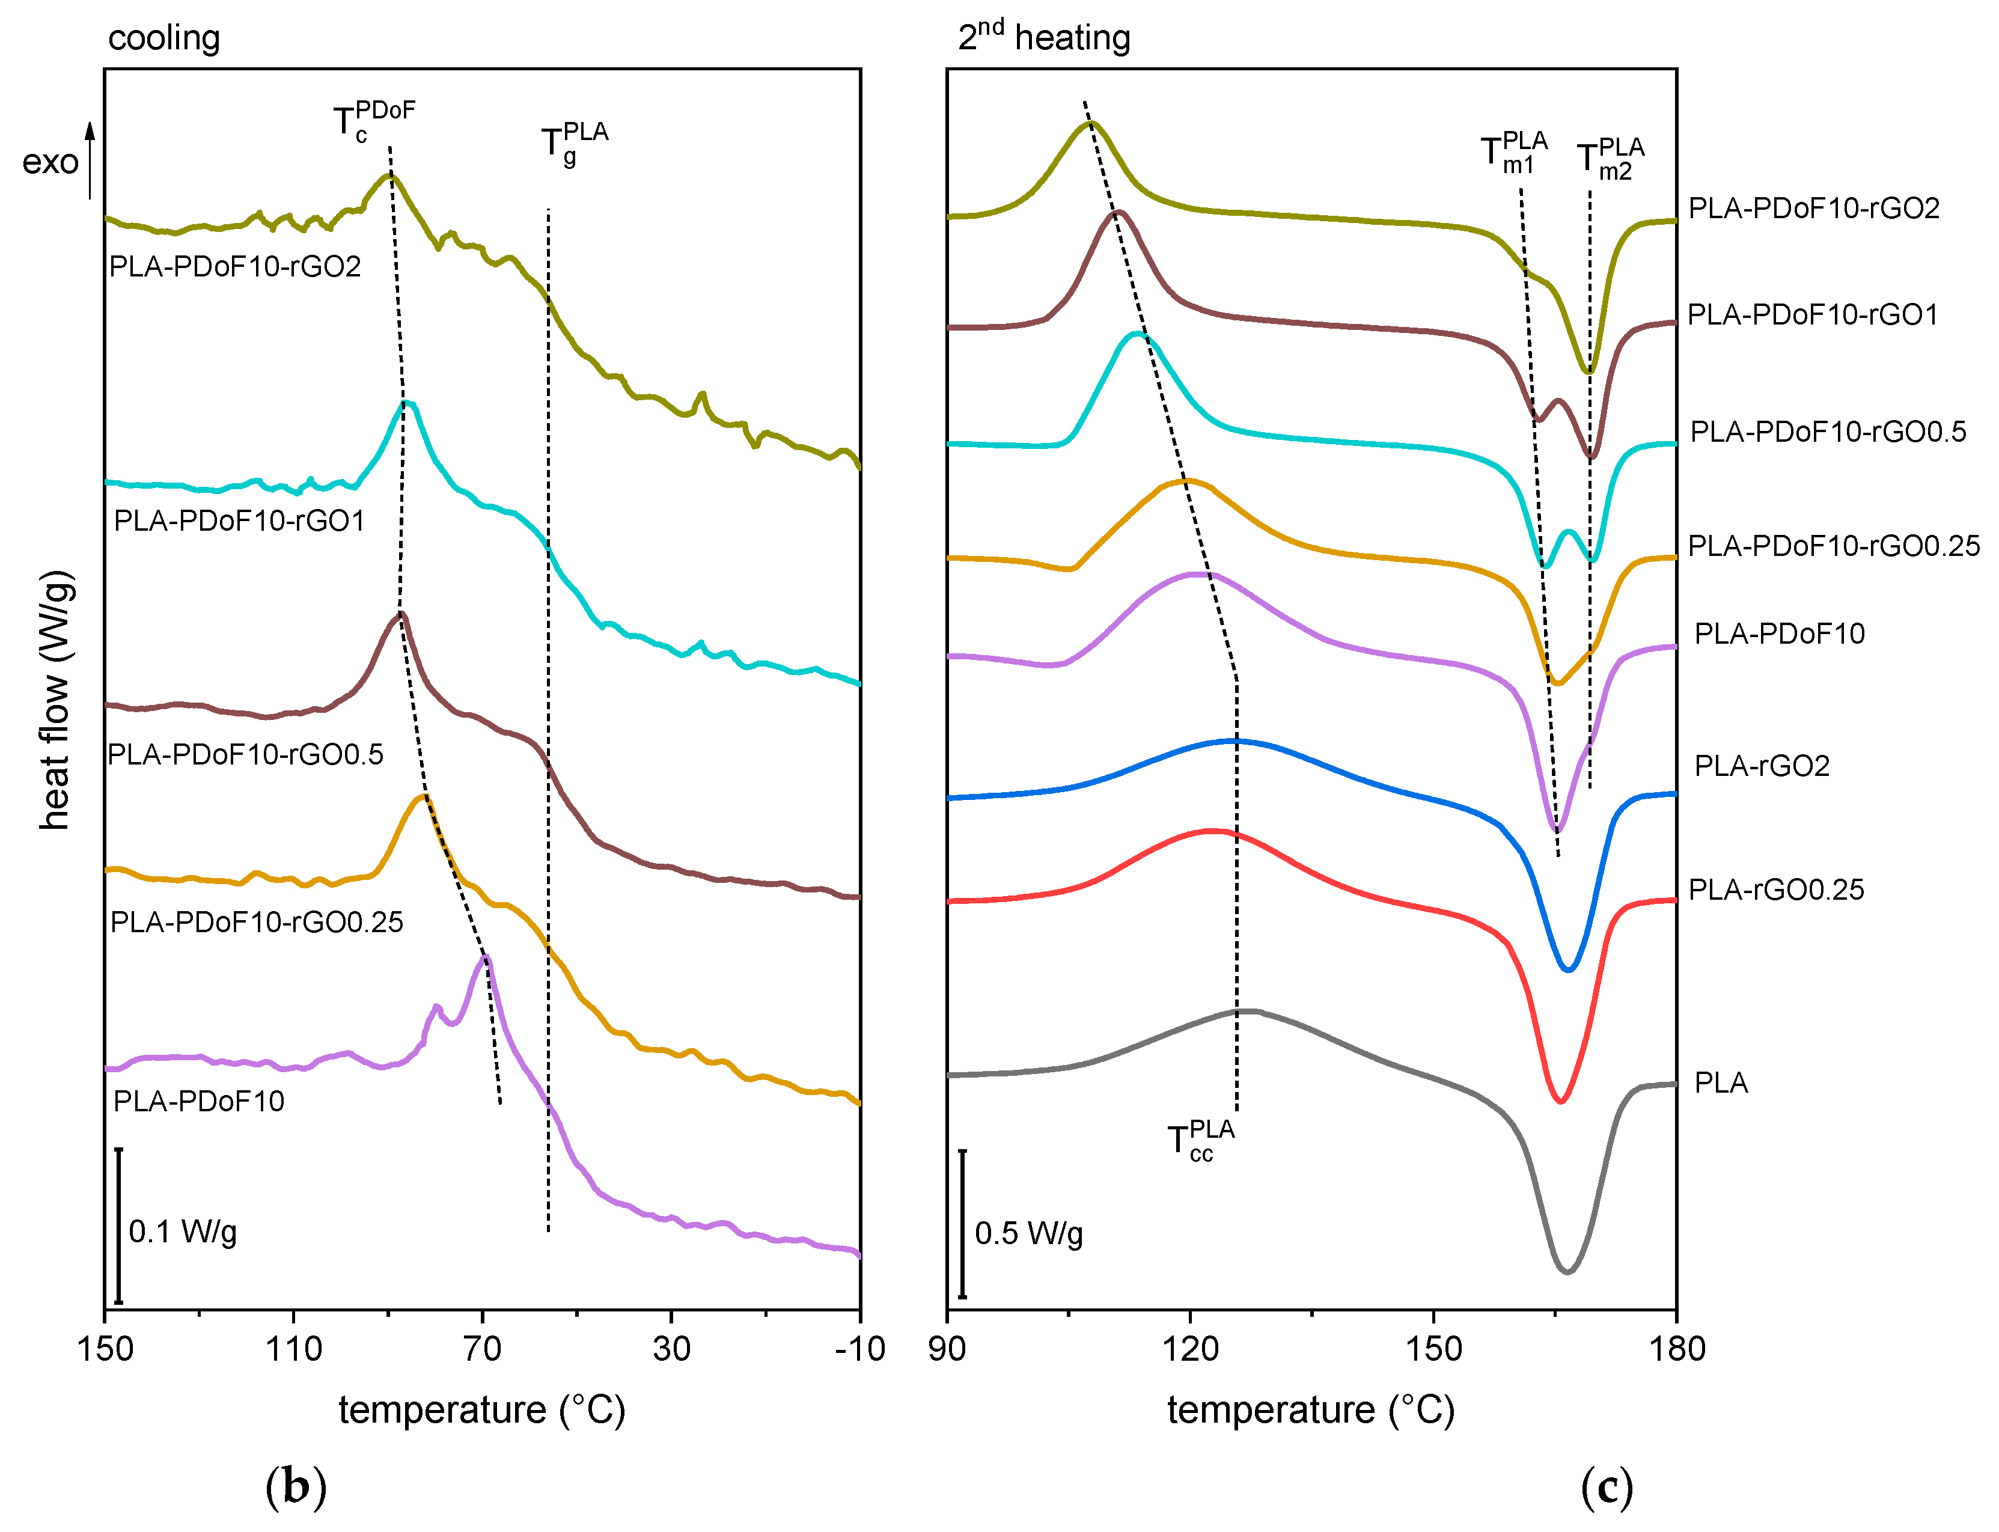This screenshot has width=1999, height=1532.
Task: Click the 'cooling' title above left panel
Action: [163, 38]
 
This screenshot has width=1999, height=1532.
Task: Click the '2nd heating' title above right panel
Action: [1043, 37]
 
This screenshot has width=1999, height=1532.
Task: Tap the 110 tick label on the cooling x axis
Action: [294, 1349]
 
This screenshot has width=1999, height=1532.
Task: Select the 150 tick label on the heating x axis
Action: [1433, 1349]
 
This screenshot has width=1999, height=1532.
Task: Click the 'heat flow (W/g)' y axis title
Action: [55, 700]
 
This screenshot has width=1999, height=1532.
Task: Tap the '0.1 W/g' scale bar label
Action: [182, 1232]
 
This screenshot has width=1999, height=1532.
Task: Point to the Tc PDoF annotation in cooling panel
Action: [373, 122]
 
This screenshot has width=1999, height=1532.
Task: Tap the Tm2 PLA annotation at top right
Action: [1610, 159]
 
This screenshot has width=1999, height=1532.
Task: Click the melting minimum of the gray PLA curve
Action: [1567, 1271]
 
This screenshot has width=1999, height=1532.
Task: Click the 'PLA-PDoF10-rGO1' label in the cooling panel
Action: [239, 520]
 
